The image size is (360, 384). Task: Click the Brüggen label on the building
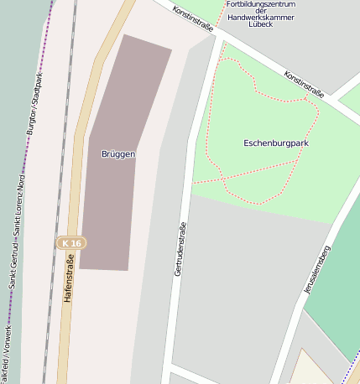point(117,154)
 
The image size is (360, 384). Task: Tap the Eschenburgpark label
point(276,144)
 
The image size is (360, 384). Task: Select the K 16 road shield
point(71,243)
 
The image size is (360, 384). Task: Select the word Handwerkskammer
point(260,16)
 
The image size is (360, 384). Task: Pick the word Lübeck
point(261,25)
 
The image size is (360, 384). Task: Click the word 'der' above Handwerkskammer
point(260,10)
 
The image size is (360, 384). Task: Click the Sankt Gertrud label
point(12,267)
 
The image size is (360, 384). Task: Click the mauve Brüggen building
point(117,201)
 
